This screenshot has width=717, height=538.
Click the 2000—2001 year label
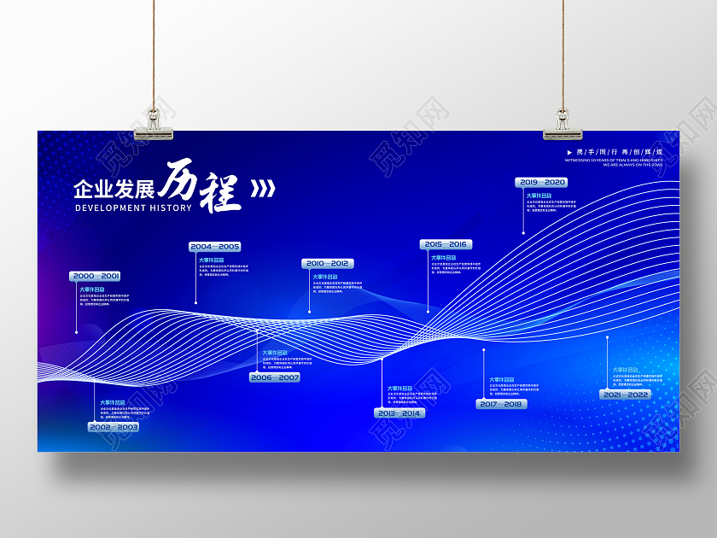coord(96,276)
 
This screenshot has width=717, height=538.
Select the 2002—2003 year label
coord(114,426)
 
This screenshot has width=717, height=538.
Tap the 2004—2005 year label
coord(215,247)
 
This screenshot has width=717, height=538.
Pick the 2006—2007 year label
coord(275,377)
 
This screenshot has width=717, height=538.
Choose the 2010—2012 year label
coord(328,264)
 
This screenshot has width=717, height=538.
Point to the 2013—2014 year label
coord(399,413)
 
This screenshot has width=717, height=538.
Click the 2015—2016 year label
coord(446,244)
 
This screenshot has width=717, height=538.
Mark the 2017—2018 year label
coord(501,404)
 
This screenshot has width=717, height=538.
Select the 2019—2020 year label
coord(542,182)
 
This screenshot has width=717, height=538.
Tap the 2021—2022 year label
coord(626,395)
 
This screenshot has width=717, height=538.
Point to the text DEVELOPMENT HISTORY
coord(132,208)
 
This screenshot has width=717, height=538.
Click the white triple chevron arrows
coord(263,188)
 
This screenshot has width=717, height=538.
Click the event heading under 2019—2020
coord(539,196)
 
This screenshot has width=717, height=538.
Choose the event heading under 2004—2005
coord(212,260)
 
